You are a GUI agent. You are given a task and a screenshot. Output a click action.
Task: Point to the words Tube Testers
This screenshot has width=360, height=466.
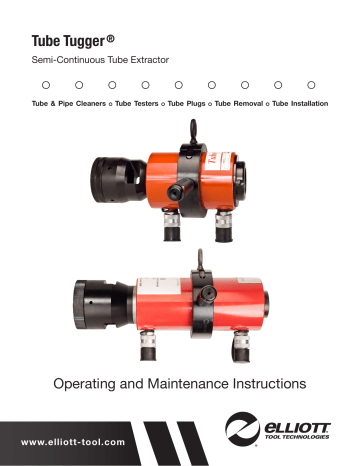tap(138, 104)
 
